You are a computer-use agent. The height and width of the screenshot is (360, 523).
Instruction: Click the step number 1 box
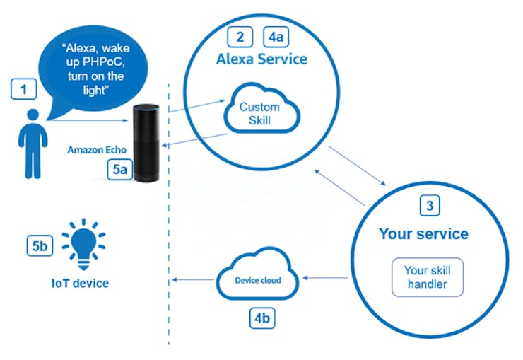click(x=23, y=89)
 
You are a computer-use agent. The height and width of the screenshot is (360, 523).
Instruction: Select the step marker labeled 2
click(x=240, y=37)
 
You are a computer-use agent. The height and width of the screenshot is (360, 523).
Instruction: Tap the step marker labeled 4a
click(x=276, y=37)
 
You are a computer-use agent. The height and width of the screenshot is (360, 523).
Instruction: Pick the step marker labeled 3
click(x=430, y=206)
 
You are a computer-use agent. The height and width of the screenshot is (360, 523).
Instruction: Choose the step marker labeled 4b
click(x=262, y=318)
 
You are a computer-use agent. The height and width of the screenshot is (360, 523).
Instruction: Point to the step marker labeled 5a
click(x=119, y=170)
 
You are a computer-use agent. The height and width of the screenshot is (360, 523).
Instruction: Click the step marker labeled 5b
click(x=40, y=246)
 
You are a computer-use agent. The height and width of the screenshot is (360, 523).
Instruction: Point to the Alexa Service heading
click(x=261, y=59)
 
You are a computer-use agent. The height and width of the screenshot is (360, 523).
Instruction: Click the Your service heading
click(x=423, y=233)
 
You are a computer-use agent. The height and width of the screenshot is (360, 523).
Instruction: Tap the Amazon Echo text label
click(x=97, y=150)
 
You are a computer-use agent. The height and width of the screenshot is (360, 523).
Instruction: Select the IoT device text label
click(x=80, y=284)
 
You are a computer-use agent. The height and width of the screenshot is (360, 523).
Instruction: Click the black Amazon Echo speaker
click(x=146, y=143)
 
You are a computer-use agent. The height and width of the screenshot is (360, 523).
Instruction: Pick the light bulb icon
click(x=83, y=244)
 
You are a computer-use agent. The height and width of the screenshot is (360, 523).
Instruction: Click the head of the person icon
click(x=33, y=115)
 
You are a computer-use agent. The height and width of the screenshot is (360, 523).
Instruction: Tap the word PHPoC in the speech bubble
click(x=104, y=62)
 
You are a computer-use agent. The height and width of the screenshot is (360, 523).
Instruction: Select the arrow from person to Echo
click(x=88, y=120)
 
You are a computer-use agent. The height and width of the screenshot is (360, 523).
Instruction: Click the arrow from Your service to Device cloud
click(x=325, y=277)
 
